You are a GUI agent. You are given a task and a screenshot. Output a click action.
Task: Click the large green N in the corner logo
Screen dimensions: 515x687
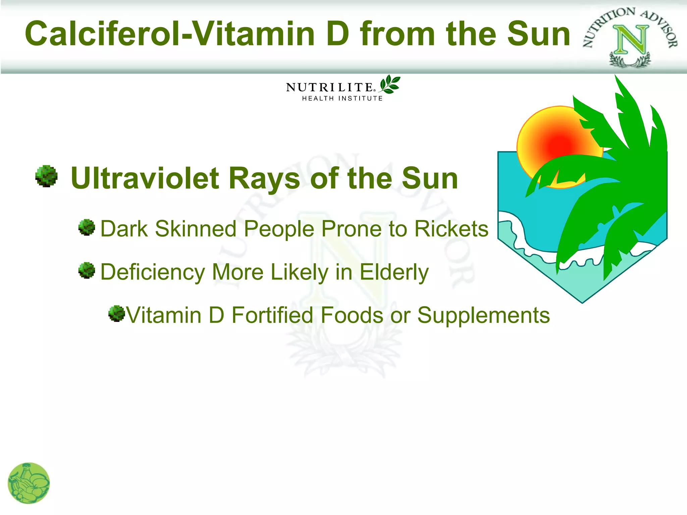[630, 40]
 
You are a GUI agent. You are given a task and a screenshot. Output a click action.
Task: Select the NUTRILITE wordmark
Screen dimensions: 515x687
[330, 87]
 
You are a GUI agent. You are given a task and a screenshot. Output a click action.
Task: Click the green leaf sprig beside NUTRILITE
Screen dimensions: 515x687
[390, 84]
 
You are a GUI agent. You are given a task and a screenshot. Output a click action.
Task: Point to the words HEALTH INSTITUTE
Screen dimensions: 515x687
[342, 99]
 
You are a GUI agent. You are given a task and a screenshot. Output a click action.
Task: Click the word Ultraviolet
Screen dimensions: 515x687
[145, 178]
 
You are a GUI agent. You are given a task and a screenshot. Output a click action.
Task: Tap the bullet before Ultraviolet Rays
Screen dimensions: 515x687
[46, 176]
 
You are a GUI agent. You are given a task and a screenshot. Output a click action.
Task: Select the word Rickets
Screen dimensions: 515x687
[451, 229]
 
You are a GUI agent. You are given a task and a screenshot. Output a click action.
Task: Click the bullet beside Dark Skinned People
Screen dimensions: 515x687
[87, 228]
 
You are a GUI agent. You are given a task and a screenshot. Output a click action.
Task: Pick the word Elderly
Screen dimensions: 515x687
[394, 272]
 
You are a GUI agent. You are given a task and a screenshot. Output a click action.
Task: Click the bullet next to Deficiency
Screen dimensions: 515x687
[87, 271]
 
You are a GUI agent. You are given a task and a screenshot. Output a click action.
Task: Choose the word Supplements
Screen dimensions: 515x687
[483, 316]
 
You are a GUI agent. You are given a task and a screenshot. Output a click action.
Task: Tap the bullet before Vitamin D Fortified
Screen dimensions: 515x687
[116, 313]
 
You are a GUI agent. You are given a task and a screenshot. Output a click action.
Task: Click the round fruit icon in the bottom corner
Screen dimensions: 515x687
[29, 483]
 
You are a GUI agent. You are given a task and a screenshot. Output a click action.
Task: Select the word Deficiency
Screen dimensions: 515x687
[153, 272]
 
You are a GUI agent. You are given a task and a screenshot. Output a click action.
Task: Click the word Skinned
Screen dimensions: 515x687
[196, 229]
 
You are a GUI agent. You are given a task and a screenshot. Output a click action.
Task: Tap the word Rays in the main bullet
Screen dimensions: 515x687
[264, 178]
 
